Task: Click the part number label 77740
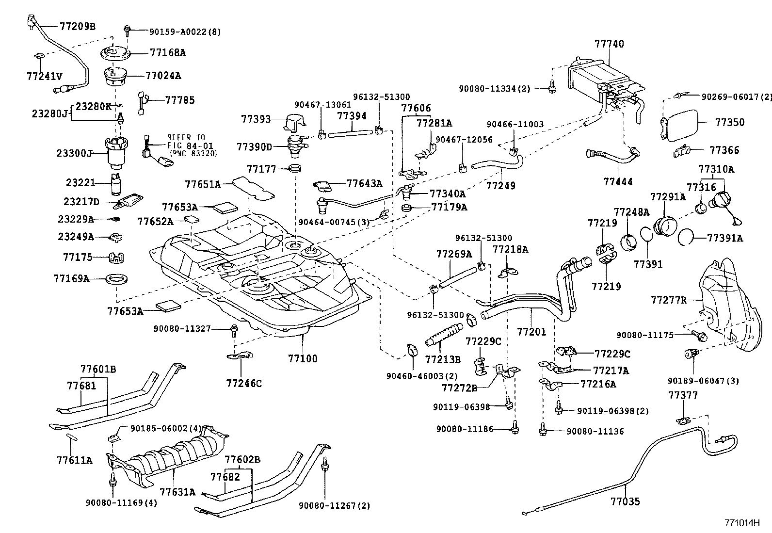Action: pyautogui.click(x=609, y=44)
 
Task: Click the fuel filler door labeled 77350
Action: pyautogui.click(x=681, y=125)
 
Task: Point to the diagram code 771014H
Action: pyautogui.click(x=741, y=523)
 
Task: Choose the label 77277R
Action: pyautogui.click(x=669, y=300)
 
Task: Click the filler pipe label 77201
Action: pyautogui.click(x=531, y=332)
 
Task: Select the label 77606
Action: pyautogui.click(x=416, y=108)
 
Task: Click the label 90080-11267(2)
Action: pyautogui.click(x=334, y=505)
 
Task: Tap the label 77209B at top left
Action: pyautogui.click(x=78, y=26)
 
